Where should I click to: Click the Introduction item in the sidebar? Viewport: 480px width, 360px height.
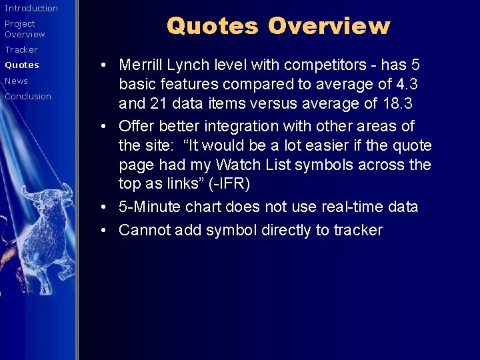pos(31,8)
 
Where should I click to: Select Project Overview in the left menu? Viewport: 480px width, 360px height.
pos(25,29)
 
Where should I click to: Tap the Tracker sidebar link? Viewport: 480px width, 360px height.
pos(21,49)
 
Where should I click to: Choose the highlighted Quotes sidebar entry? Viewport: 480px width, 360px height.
pos(22,65)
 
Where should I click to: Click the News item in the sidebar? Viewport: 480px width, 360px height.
pos(17,81)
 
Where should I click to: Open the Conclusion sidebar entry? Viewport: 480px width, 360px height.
pos(28,96)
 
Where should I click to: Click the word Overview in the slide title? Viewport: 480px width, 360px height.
pos(329,26)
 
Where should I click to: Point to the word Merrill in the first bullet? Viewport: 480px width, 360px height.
pos(140,65)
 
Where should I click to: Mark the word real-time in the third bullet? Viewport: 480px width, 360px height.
pos(342,207)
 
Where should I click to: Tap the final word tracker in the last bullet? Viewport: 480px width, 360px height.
pos(359,230)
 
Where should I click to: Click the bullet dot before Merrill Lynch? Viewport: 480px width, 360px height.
pos(106,65)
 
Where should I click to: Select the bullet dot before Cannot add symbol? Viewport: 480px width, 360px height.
pos(106,231)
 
